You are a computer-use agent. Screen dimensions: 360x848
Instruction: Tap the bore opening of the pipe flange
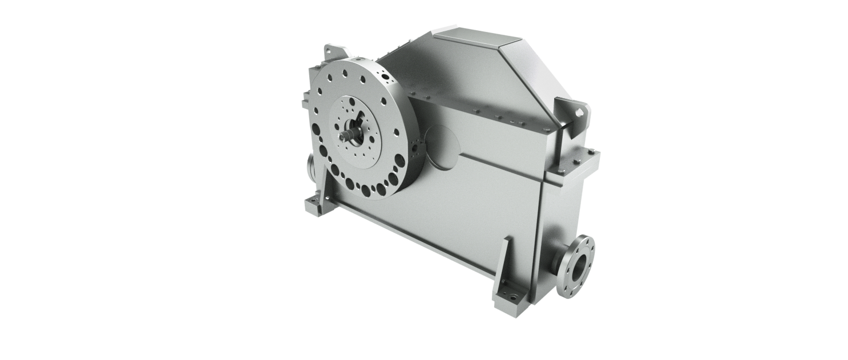click(x=579, y=268)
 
